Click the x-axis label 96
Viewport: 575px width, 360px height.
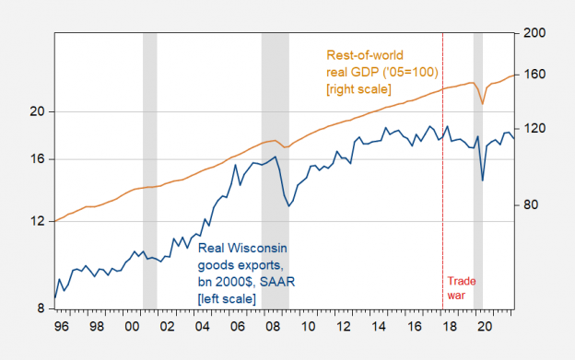pyautogui.click(x=63, y=327)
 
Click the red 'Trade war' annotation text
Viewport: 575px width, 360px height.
pyautogui.click(x=463, y=288)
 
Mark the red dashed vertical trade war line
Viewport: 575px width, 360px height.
pyautogui.click(x=443, y=184)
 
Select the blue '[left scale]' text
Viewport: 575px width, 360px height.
pyautogui.click(x=227, y=299)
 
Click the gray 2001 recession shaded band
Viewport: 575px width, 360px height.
pyautogui.click(x=149, y=184)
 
